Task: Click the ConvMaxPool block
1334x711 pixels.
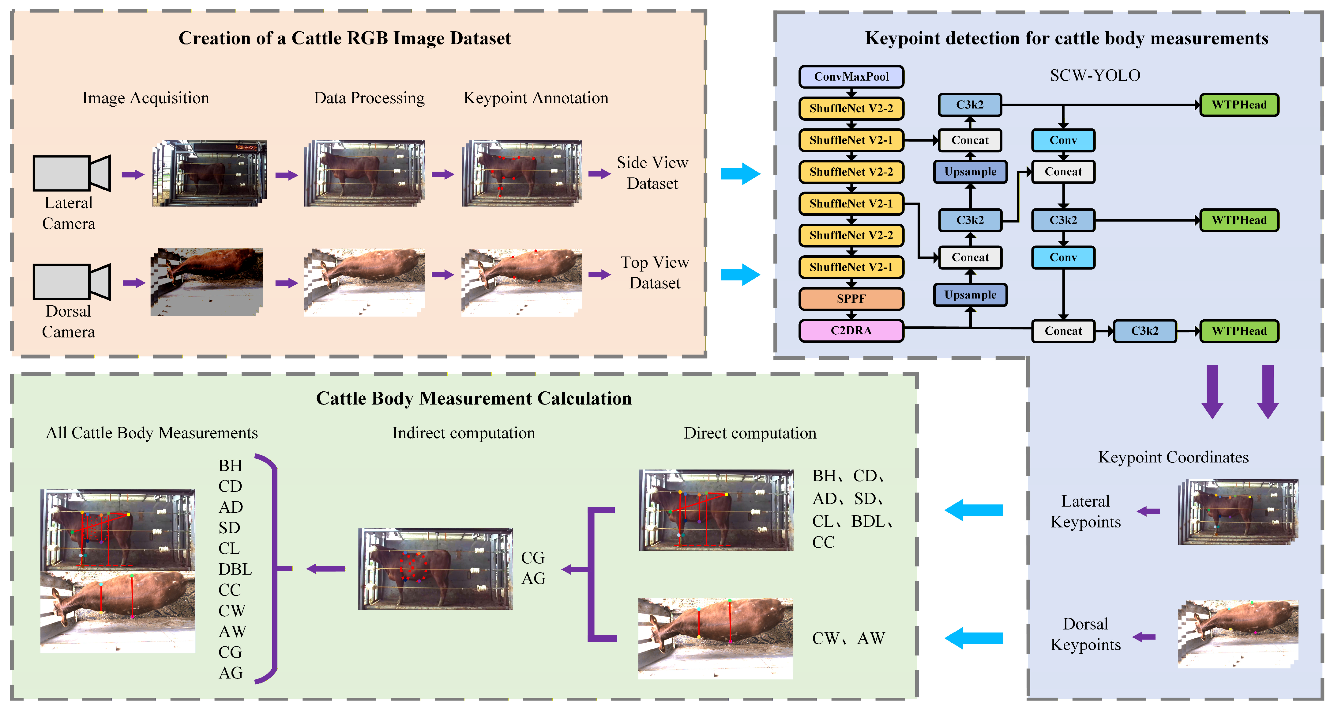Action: click(x=851, y=77)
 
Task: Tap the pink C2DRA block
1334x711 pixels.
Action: click(x=851, y=331)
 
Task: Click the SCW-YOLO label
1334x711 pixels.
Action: click(x=1095, y=76)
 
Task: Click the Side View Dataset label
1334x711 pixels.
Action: click(x=652, y=173)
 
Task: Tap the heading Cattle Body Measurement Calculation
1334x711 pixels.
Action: click(x=474, y=398)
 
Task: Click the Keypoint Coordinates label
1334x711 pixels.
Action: click(x=1174, y=457)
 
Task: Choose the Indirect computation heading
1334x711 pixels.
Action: click(x=464, y=433)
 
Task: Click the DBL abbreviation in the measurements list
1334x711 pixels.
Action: click(x=235, y=569)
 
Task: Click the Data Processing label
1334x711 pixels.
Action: click(x=369, y=98)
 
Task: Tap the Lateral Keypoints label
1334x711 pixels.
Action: click(x=1085, y=511)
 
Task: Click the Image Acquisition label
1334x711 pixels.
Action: click(x=146, y=98)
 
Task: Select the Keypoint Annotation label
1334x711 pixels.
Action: click(x=536, y=98)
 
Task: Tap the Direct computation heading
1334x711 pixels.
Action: click(x=750, y=433)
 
